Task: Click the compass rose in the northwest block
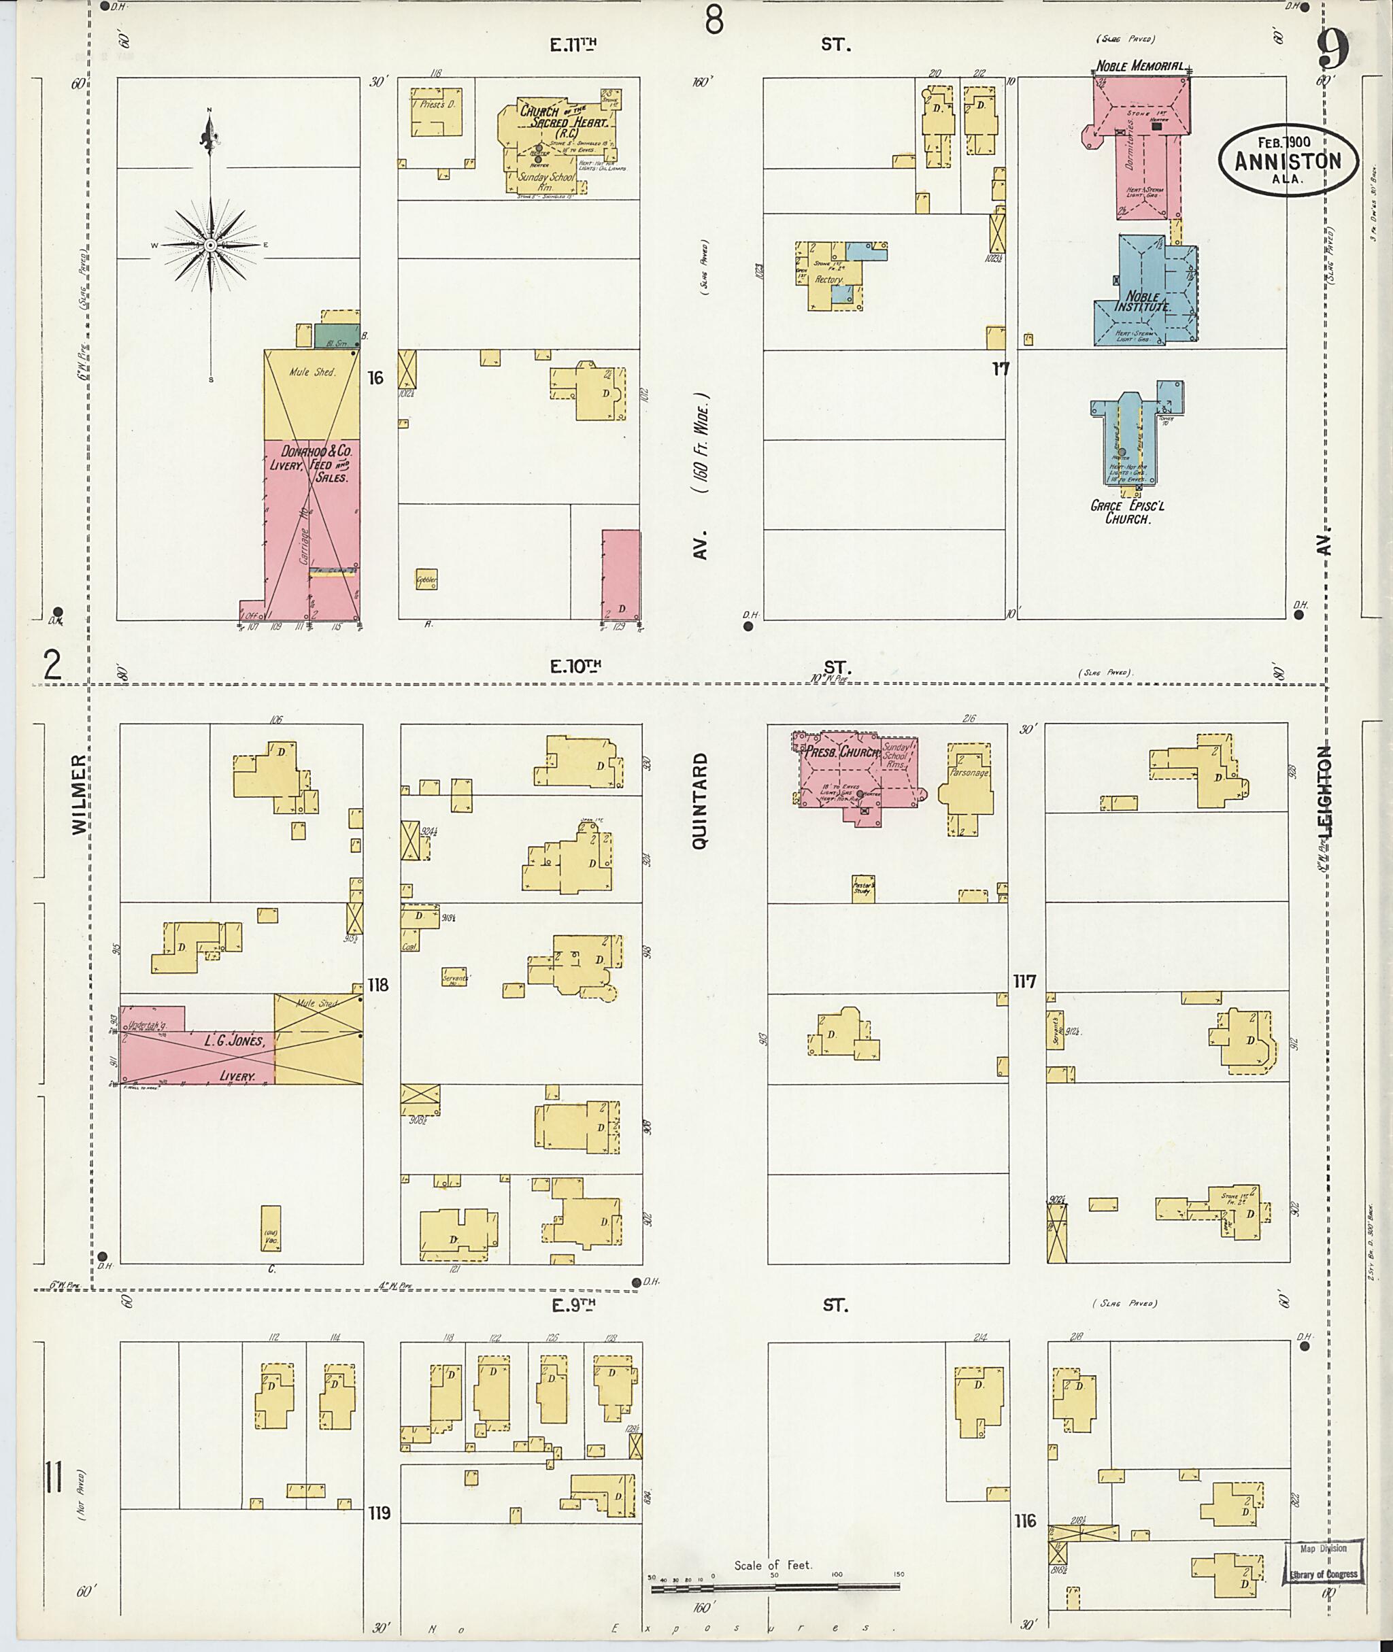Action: pos(210,245)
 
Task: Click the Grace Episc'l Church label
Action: pos(1127,511)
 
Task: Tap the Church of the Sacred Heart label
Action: pos(564,118)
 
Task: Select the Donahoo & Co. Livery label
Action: pos(310,464)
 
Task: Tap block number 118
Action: pos(378,985)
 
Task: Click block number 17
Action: pos(1001,368)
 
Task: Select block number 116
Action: pos(1025,1520)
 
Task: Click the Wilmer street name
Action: pos(79,794)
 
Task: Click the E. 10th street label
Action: pos(575,667)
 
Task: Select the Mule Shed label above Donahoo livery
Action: pos(312,371)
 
